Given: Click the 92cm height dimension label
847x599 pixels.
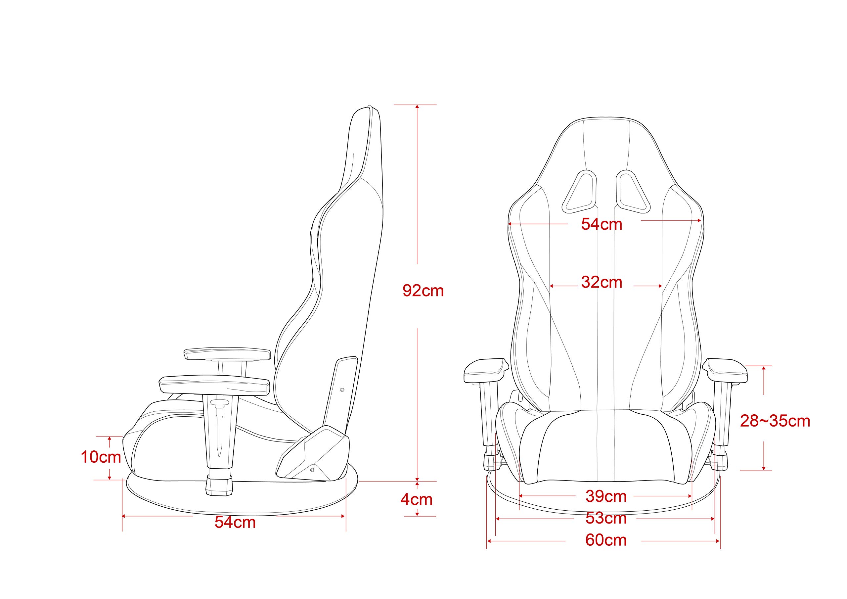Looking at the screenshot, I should coord(423,291).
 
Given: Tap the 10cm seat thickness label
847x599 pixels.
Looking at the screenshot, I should coord(101,457).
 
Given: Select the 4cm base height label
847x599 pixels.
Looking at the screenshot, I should coord(416,500).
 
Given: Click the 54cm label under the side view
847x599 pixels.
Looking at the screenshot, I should coord(235,522).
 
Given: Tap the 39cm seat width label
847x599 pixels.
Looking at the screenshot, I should coord(606,496).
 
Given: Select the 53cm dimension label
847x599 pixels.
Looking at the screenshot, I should coord(606,519).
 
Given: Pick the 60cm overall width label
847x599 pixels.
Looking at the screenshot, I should coord(606,540).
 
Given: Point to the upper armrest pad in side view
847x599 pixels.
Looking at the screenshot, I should coord(227,353).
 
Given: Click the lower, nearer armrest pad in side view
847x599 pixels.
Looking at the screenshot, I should coord(214,385).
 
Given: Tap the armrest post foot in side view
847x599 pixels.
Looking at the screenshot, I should coord(219,485).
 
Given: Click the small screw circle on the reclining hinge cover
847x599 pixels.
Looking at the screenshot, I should coord(312,470).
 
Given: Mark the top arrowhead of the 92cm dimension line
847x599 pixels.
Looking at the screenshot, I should coord(417,107).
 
